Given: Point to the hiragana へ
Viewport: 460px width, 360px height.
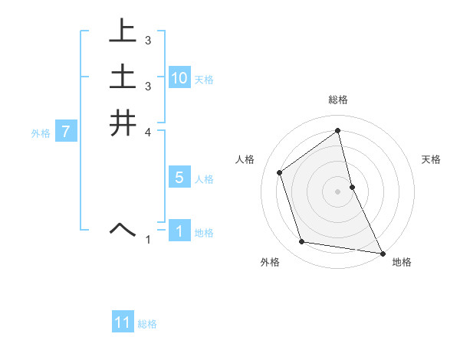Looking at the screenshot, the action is pos(123,228).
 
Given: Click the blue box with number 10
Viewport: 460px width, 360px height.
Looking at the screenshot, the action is pos(179,78).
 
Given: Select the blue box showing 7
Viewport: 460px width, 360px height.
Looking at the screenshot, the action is pos(67,133).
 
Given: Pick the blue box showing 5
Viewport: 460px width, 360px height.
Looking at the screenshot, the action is pos(179,178).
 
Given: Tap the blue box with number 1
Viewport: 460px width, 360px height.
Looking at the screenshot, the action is pos(179,231).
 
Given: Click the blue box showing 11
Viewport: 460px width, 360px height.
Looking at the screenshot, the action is pos(123,322).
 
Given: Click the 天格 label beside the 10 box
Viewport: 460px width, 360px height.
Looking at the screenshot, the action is pos(204,80).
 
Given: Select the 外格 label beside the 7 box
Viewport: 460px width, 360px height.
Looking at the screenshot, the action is pos(41,133).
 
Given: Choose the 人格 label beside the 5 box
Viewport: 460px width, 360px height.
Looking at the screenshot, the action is pos(204,179).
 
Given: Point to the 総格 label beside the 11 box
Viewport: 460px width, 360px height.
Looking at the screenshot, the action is pos(147,324).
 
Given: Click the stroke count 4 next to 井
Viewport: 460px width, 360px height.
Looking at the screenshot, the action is pos(148,132).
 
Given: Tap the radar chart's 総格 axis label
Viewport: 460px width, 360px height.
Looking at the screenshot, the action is pos(338,100).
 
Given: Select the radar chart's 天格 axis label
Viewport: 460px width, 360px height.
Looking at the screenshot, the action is pos(431,159).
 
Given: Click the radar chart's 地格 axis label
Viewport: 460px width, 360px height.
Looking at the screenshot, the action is pos(402,262).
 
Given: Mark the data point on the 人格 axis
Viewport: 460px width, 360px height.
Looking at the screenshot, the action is pos(280,172).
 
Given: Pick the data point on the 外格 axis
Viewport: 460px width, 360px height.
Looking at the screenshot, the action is pos(302,242).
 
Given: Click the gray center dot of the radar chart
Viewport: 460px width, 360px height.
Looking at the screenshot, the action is pos(338,191).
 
